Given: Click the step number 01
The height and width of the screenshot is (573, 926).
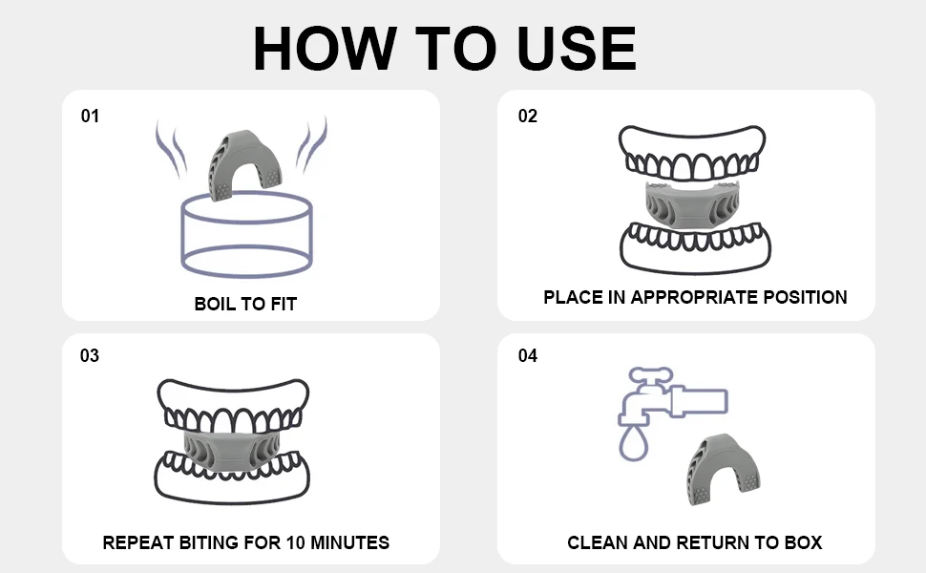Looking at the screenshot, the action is pos(90,117).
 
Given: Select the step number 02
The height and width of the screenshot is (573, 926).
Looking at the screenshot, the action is pos(527,117).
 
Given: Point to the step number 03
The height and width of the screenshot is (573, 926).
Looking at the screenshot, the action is pos(90,356).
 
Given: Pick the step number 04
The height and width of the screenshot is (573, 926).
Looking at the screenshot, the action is pos(527,356).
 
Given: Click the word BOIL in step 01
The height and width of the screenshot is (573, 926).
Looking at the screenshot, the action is pos(215,305).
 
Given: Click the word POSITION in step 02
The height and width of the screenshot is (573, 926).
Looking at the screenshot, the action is pos(802,297).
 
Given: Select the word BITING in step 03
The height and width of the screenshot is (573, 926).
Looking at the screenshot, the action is pos(212,542).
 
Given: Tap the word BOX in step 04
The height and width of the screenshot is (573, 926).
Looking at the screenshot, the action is pos(803,542).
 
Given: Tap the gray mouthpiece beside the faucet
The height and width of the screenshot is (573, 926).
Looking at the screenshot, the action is pos(722,469).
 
